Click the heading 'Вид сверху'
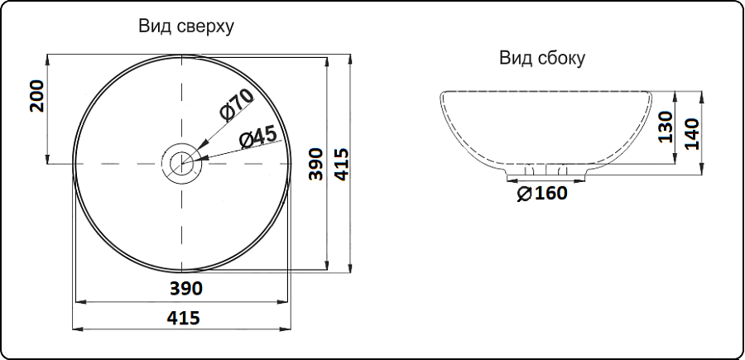[x=186, y=26]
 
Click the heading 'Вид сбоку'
[x=542, y=59]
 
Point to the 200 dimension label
[x=36, y=96]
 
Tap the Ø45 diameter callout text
[x=258, y=137]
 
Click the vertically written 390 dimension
[x=315, y=165]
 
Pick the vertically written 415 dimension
[x=341, y=165]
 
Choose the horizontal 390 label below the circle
[x=186, y=288]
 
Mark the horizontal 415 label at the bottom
[x=184, y=318]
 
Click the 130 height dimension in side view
[x=666, y=127]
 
